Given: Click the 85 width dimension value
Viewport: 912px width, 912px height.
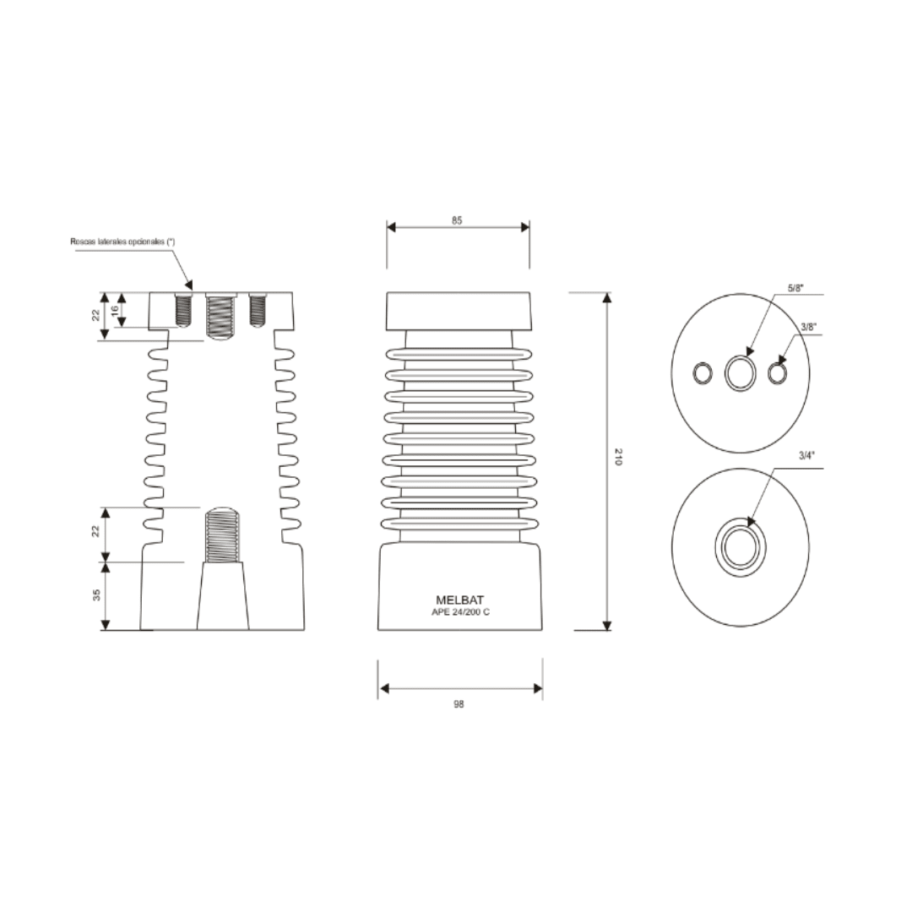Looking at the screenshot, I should tap(457, 220).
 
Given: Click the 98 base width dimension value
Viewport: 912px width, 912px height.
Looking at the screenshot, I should tap(459, 703).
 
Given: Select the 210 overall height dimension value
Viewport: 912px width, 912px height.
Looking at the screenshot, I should tap(618, 459).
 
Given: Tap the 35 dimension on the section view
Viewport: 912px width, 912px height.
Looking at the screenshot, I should tap(95, 595).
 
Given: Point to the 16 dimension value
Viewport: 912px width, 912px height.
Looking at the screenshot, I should tap(116, 310).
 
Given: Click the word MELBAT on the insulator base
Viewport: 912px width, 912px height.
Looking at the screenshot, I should tap(459, 600).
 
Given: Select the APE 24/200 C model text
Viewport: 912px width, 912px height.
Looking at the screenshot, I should tap(459, 612).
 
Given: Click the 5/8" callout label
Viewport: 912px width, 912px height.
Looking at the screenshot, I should tap(795, 288).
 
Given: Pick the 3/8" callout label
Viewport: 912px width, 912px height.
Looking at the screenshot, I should tap(808, 327).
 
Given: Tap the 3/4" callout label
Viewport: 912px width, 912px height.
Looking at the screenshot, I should tap(807, 456).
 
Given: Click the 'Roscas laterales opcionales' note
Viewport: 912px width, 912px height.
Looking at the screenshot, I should tap(122, 242).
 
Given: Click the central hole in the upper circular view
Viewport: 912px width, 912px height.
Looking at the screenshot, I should tap(741, 372).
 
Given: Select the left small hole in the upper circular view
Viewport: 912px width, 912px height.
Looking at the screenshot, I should tap(703, 372).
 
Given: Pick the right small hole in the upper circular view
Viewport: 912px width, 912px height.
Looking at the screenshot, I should tap(779, 372).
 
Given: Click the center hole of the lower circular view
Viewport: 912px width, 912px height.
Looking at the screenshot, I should tap(741, 547).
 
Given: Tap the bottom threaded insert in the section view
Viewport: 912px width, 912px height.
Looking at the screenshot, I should tap(223, 535).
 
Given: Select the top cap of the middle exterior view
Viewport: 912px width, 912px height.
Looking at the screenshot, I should tap(459, 311).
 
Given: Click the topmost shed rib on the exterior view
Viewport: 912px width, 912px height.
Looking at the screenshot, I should tap(459, 353).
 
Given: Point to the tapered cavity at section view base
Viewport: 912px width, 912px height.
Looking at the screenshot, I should tap(223, 598).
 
